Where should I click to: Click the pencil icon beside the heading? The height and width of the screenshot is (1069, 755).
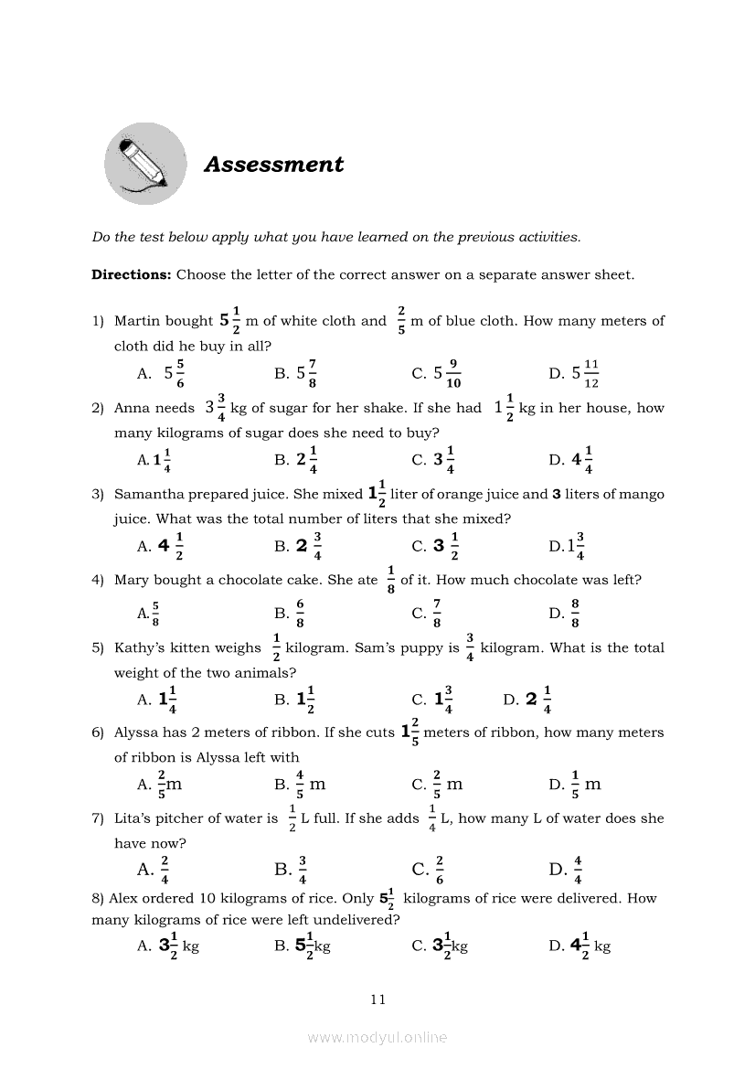145,164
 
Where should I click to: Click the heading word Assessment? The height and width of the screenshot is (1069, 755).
273,165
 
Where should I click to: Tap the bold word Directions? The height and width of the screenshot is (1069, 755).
131,274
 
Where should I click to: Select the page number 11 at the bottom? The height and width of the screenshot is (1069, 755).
378,1000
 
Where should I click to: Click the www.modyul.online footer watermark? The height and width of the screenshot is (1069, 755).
377,1037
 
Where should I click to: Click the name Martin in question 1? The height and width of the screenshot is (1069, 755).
138,321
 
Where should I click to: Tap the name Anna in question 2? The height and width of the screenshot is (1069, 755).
133,408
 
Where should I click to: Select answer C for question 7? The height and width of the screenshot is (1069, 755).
429,869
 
